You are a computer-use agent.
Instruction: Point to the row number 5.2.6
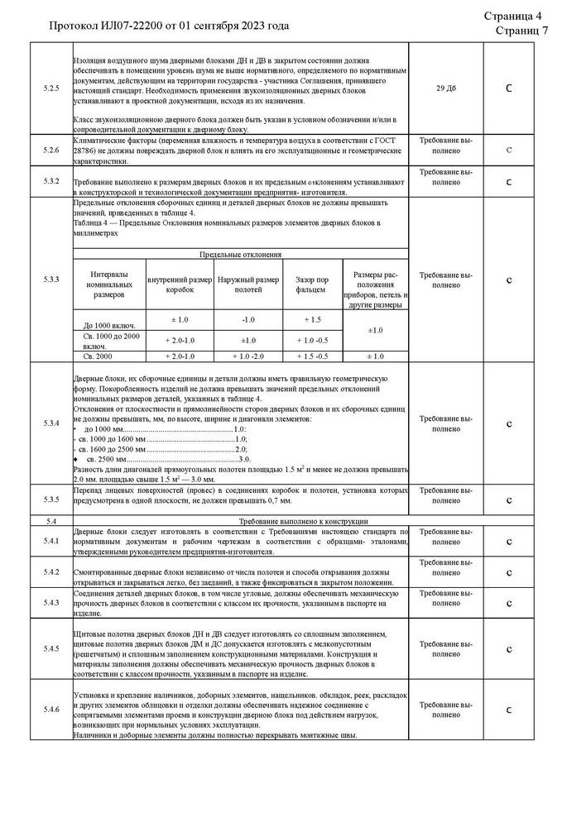pos(51,150)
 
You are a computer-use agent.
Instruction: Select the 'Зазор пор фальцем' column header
pos(311,285)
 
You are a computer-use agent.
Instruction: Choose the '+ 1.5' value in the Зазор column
pos(311,319)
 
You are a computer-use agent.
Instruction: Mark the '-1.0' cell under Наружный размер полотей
pos(247,319)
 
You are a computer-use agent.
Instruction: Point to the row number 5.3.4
pos(51,424)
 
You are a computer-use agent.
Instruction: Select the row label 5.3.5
pos(51,500)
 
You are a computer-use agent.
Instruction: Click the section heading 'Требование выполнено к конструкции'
pos(303,521)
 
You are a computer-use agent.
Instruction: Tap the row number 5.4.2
pos(51,572)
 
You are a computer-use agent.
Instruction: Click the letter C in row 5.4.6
pos(508,710)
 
